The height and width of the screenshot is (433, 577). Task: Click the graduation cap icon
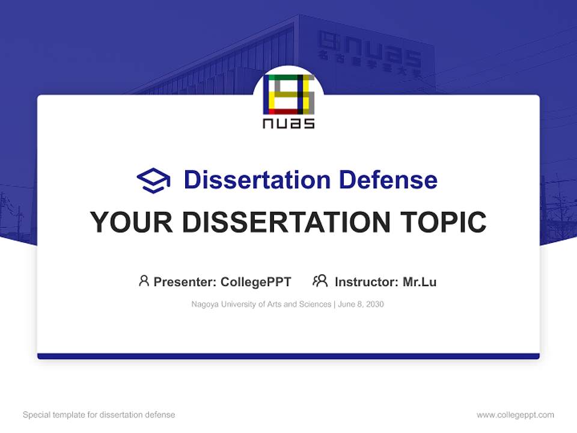point(153,180)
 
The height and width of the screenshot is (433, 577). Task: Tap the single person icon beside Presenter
point(144,281)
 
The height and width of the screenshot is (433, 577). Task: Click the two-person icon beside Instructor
point(320,281)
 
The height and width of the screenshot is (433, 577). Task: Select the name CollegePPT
point(255,282)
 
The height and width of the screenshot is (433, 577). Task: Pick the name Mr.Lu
point(420,282)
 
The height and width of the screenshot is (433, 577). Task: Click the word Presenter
point(185,282)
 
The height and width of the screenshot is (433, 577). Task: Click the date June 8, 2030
point(361,304)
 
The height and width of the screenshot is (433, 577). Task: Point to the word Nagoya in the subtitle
point(204,304)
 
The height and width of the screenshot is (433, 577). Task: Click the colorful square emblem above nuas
point(288,95)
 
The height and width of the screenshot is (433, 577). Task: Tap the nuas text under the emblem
point(288,123)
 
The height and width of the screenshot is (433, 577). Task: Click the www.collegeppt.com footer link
point(515,415)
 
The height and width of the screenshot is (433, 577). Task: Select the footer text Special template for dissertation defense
point(99,415)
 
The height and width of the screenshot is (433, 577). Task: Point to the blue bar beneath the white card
point(288,356)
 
